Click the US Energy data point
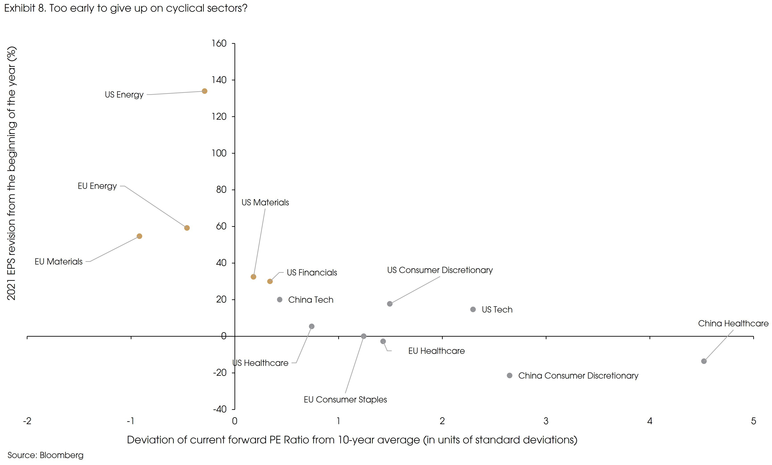click(x=205, y=91)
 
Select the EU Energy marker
click(x=187, y=228)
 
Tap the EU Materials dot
click(x=140, y=236)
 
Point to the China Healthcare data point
click(x=704, y=361)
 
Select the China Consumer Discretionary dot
click(x=510, y=375)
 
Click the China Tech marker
click(x=280, y=300)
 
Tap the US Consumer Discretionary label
click(x=440, y=270)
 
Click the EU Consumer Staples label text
click(x=345, y=400)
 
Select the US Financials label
click(x=312, y=273)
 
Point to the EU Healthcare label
click(x=436, y=351)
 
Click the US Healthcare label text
click(x=261, y=363)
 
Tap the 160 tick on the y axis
click(x=219, y=43)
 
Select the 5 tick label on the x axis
click(x=753, y=421)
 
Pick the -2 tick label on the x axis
click(x=27, y=421)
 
